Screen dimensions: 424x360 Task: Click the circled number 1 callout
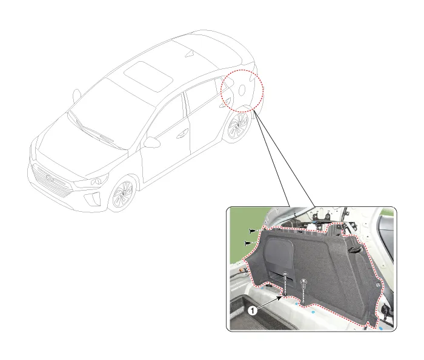pos(253,311)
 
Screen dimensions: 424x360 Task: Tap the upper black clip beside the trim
pos(253,231)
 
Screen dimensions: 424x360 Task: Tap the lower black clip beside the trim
pos(248,243)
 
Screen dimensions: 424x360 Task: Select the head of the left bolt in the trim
pos(285,274)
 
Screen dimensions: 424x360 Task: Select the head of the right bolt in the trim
pos(303,281)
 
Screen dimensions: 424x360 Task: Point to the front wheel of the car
pos(123,194)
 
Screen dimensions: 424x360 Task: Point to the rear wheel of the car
pos(238,126)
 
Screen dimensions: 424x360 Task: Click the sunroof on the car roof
pos(148,76)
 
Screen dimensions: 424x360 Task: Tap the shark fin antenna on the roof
pos(190,54)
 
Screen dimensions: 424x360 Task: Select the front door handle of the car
pos(182,134)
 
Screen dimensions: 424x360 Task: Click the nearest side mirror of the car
pos(152,142)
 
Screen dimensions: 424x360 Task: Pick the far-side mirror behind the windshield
pos(77,96)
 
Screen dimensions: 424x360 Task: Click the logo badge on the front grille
pos(50,177)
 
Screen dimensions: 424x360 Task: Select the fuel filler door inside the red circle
pos(242,90)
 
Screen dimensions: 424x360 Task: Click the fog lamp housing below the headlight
pos(92,199)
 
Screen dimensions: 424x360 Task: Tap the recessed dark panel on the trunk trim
pos(278,260)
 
